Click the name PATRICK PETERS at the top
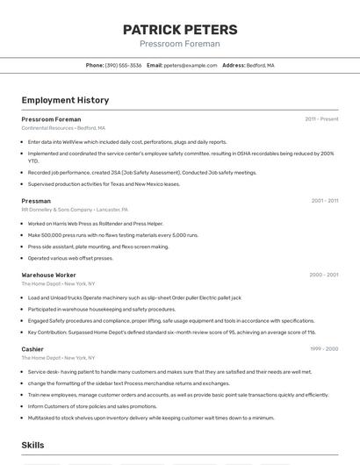coord(180,29)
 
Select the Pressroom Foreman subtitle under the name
coord(180,44)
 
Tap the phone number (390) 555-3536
coord(123,65)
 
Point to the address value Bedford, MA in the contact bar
coord(260,65)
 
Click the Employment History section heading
coord(65,100)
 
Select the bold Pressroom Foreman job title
coord(51,119)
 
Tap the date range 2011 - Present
coord(321,119)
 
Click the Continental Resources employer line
coord(63,128)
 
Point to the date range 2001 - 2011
coord(324,201)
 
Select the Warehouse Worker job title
coord(49,275)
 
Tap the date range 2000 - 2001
coord(323,275)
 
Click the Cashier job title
coord(32,349)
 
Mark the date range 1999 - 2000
coord(323,349)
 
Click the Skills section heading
coord(33,445)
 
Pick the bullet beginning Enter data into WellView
coord(127,141)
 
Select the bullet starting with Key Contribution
coord(171,333)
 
